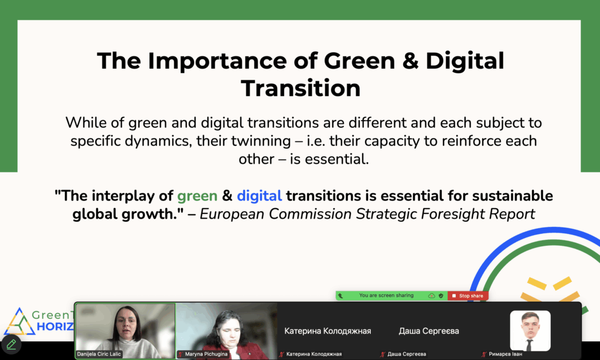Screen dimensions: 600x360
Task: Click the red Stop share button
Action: click(x=468, y=296)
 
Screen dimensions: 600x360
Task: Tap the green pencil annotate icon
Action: click(x=11, y=344)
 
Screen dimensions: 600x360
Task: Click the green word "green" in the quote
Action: click(x=197, y=196)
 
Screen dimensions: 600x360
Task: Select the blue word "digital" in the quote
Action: click(x=259, y=196)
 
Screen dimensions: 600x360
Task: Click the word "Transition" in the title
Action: click(x=301, y=88)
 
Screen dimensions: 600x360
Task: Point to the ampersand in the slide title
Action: click(x=410, y=61)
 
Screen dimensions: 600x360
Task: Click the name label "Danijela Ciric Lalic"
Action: click(x=98, y=354)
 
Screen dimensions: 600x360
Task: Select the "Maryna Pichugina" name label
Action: click(x=206, y=354)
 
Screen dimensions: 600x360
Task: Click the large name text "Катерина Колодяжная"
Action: click(x=328, y=331)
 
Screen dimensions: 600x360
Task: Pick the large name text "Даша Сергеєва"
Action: click(x=428, y=331)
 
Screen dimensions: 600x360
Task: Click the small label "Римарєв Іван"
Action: click(x=505, y=354)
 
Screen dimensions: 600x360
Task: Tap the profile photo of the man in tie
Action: click(x=530, y=331)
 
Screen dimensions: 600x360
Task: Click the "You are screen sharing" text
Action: click(x=386, y=296)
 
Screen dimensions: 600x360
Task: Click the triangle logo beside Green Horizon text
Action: click(x=19, y=322)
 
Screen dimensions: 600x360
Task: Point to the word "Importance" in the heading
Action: click(x=217, y=61)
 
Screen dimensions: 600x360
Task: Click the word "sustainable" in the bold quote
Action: click(x=512, y=196)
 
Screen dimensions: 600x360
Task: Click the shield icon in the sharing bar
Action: click(x=441, y=296)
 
